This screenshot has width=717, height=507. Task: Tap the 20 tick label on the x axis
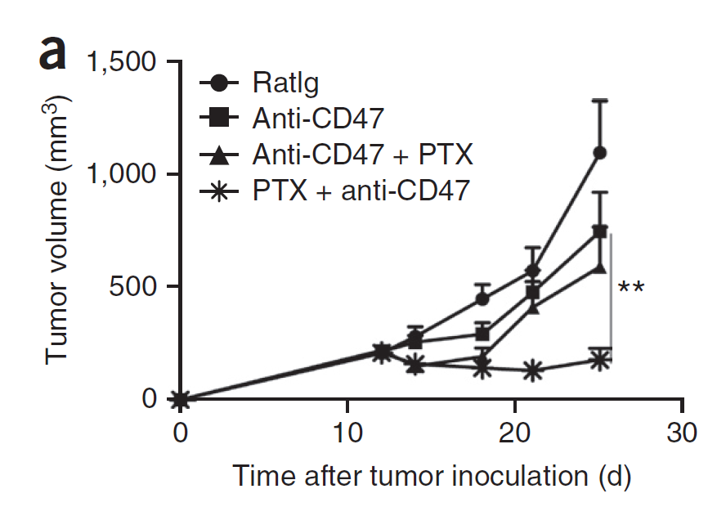pyautogui.click(x=515, y=433)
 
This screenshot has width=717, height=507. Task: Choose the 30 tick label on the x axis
pyautogui.click(x=682, y=433)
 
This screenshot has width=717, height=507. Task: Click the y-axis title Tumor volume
pyautogui.click(x=57, y=229)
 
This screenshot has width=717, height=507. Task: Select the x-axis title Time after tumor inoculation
pyautogui.click(x=431, y=475)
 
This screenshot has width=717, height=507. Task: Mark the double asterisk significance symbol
pyautogui.click(x=631, y=289)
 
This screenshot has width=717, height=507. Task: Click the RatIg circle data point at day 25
pyautogui.click(x=599, y=153)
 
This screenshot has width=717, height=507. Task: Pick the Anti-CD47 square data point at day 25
pyautogui.click(x=599, y=231)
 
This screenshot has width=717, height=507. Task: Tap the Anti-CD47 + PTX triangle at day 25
pyautogui.click(x=599, y=267)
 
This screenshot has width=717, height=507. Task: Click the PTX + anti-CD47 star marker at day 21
pyautogui.click(x=532, y=370)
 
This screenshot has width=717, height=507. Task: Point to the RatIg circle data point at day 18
pyautogui.click(x=482, y=299)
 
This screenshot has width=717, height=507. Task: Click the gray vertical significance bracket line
pyautogui.click(x=611, y=294)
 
